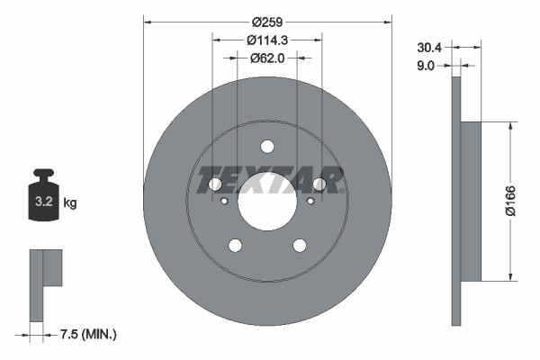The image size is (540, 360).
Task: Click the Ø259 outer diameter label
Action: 267,22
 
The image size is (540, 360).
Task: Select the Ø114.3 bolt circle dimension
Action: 267,40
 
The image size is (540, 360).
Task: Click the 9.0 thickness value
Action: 427,65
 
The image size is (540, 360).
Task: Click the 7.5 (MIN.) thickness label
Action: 87,335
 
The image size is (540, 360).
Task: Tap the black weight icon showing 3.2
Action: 44,193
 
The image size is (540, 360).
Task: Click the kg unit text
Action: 70,203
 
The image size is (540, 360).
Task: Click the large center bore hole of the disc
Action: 267,200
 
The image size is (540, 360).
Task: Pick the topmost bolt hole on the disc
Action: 267,147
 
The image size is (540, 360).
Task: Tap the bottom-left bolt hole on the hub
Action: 236,246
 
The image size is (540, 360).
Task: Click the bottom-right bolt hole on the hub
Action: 299,246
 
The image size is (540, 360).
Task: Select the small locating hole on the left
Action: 224,201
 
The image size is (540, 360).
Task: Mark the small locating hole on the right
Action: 310,201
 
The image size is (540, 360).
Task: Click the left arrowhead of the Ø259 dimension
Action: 148,22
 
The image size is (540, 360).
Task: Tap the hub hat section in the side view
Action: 471,200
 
